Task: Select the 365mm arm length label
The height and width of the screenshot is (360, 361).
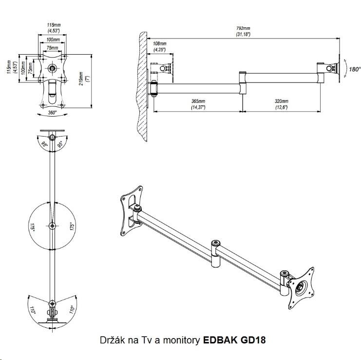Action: [x=198, y=104]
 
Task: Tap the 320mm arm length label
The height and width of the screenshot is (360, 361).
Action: [x=282, y=104]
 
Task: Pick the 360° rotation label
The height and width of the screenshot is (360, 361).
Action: [x=52, y=112]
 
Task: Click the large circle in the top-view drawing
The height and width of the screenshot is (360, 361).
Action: [x=52, y=225]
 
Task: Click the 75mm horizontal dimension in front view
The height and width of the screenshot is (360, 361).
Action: [x=52, y=48]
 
